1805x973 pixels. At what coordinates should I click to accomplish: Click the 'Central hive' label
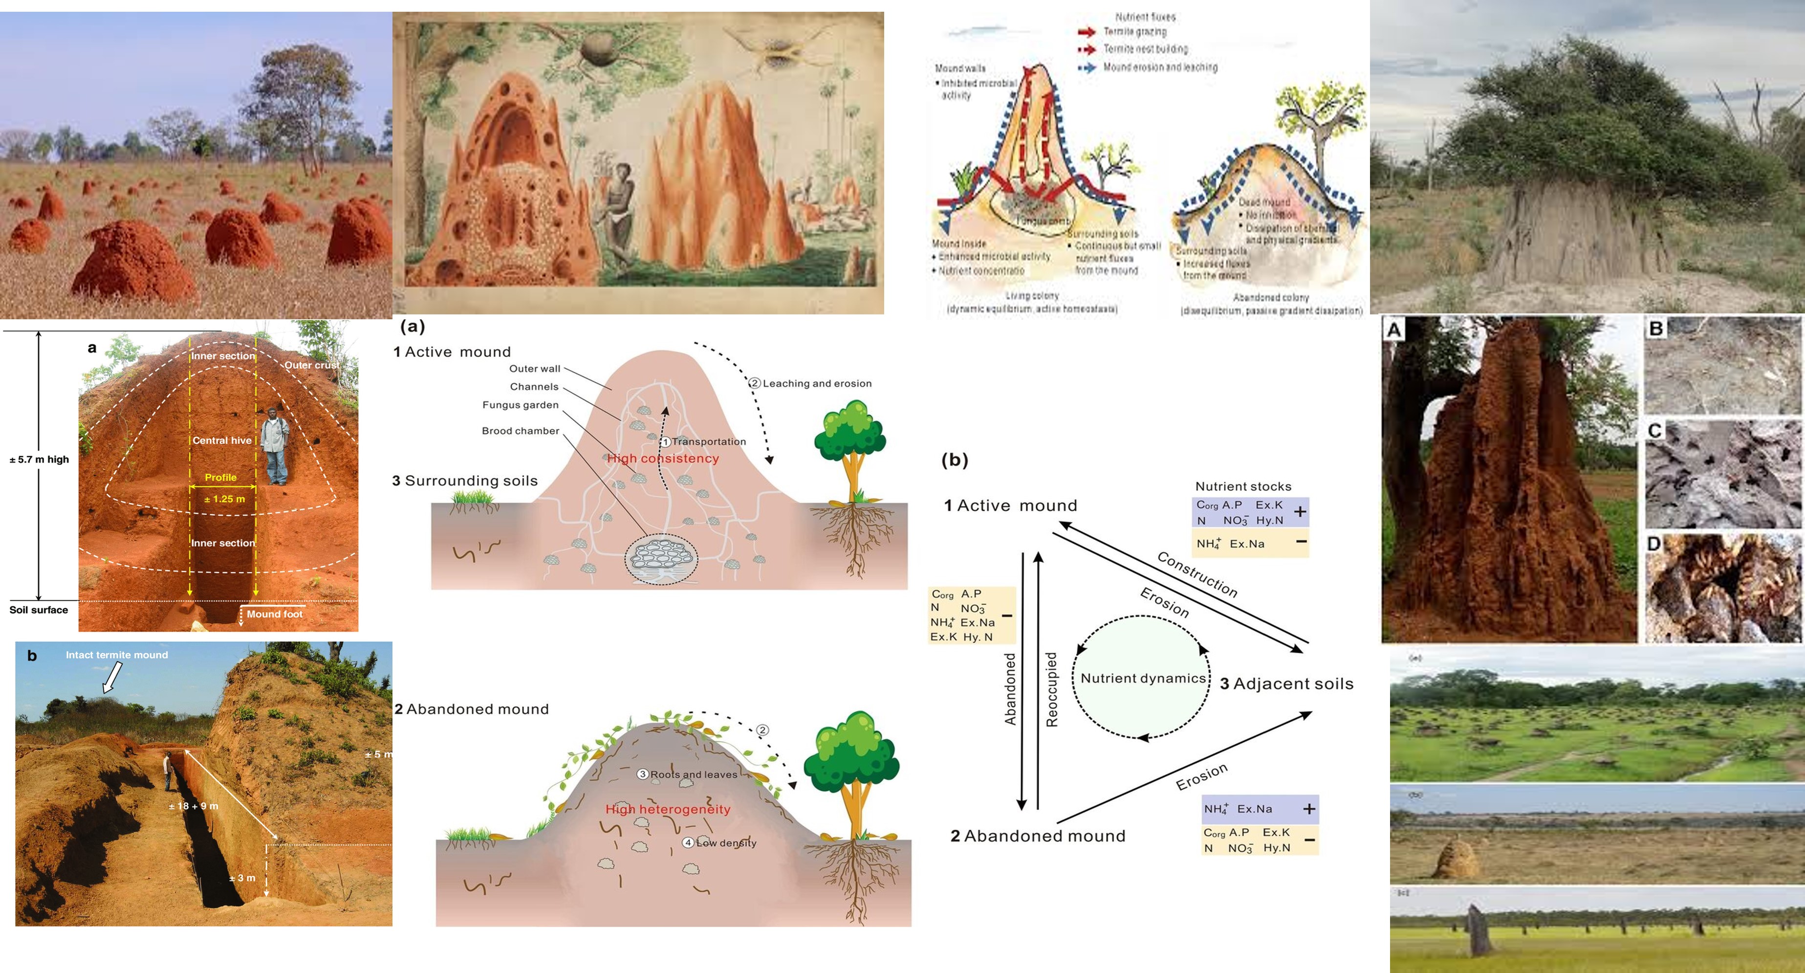pos(221,440)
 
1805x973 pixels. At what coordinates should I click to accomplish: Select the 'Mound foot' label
pos(274,614)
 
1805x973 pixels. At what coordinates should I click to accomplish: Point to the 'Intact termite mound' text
pos(116,655)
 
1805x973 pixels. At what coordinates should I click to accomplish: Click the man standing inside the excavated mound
pos(274,446)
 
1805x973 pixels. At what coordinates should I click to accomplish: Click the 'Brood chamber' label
pos(520,430)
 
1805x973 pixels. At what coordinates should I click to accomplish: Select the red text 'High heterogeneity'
pos(667,809)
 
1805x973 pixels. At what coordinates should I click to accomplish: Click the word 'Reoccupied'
pos(1051,689)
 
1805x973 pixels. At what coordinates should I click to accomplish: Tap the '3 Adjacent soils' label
pos(1286,684)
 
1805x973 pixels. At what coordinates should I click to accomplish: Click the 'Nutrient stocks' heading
pos(1242,486)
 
